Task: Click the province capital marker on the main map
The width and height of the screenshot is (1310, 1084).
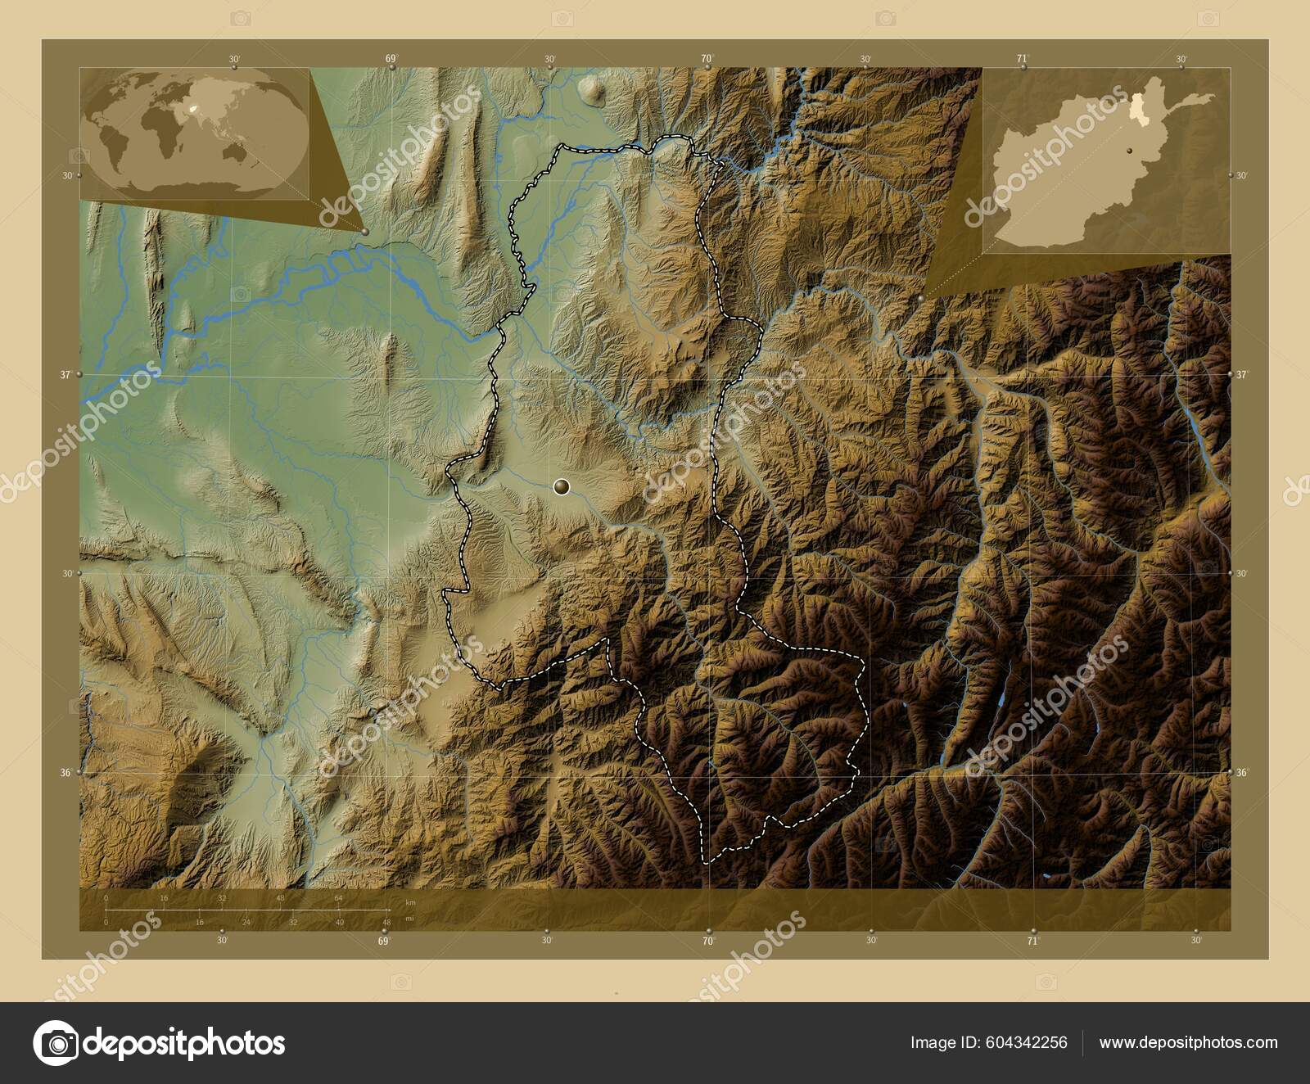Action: pos(561,488)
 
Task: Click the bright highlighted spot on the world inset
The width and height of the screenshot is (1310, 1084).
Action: pos(194,107)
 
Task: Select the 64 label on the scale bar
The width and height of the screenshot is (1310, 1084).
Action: pos(338,898)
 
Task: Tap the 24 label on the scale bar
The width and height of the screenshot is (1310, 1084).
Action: pos(246,922)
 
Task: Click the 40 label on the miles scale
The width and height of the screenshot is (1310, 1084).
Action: pos(340,922)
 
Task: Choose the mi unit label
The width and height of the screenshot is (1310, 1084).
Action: pos(409,919)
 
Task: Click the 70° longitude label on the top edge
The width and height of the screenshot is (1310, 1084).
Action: pos(707,58)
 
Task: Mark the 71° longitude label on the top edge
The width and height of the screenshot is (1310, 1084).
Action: pos(1022,58)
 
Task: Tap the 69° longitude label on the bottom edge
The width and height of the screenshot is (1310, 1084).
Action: pos(384,941)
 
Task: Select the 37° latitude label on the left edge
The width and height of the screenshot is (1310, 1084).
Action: pos(65,374)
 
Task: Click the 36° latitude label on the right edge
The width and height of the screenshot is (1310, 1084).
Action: pos(1241,772)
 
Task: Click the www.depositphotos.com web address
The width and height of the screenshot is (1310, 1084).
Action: pos(1188,1042)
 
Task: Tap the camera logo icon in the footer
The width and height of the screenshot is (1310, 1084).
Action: pos(56,1043)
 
